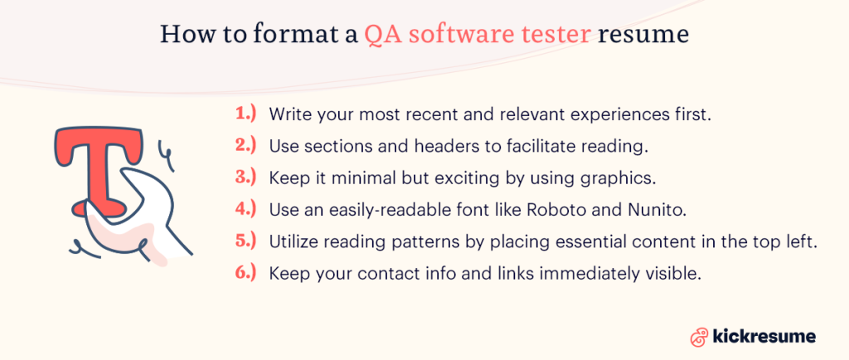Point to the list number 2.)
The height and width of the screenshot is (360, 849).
(245, 144)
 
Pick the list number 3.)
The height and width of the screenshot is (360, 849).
(245, 177)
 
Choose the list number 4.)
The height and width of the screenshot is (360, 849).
(245, 208)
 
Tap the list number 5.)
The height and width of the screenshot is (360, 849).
(245, 241)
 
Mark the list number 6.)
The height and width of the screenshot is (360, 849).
(245, 272)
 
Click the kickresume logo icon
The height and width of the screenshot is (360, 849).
(698, 336)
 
